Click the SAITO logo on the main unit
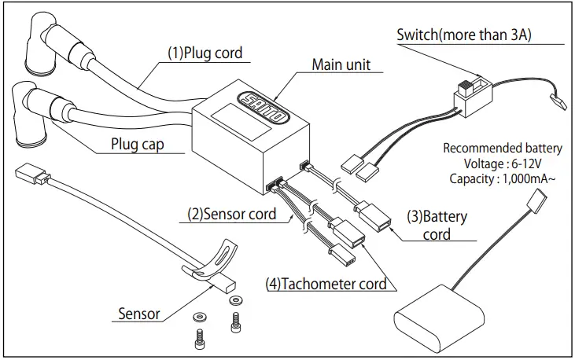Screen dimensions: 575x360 point(264,107)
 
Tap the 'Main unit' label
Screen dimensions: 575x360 point(341,64)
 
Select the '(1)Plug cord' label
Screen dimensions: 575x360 point(205,53)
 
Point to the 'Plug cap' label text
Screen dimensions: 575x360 point(138,144)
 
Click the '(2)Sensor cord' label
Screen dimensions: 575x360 point(232,214)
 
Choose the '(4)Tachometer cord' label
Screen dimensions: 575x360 point(326,284)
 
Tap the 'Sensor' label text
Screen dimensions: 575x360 point(139,314)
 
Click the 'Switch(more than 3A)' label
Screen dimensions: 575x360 point(464,35)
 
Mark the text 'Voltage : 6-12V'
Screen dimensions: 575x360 point(503,163)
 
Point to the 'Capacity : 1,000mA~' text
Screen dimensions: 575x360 point(503,179)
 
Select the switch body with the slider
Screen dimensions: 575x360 point(473,96)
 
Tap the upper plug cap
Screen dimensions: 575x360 point(39,41)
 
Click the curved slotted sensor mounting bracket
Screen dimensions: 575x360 point(212,262)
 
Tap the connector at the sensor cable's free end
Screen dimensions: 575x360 point(32,174)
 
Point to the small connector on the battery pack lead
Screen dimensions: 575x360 point(537,201)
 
